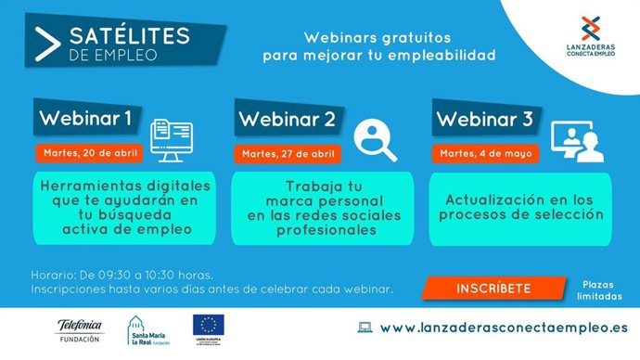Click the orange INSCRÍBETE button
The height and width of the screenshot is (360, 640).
493,289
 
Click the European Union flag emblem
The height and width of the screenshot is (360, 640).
206,325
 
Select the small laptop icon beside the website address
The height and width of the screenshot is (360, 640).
365,328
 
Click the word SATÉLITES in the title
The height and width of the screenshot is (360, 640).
129,36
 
